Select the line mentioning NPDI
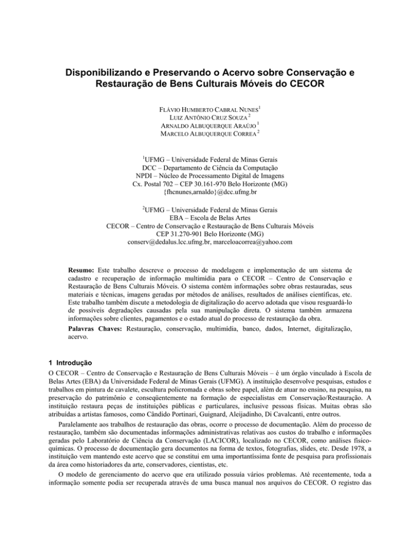209,178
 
